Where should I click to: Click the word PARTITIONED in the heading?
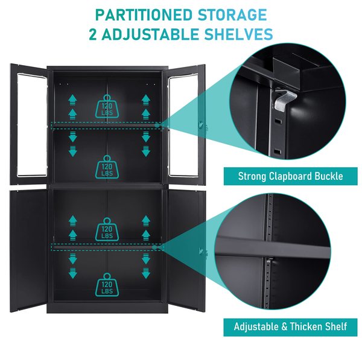tap(144, 15)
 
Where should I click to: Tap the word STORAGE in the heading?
tap(232, 15)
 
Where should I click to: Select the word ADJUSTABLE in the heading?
tap(150, 34)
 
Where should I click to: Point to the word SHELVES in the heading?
tap(238, 34)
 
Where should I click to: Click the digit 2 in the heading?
tap(93, 34)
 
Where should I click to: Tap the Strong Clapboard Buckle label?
tap(290, 176)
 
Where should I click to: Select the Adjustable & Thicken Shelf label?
tap(290, 326)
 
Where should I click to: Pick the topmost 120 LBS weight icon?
tap(107, 106)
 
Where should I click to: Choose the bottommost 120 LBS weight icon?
tap(107, 285)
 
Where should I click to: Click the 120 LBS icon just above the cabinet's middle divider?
tap(107, 167)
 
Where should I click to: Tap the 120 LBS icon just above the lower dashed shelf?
tap(107, 229)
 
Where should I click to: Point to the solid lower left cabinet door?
tap(28, 250)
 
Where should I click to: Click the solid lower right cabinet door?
tap(186, 250)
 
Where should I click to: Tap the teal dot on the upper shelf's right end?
tap(157, 125)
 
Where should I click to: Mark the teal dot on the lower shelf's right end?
tap(154, 247)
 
